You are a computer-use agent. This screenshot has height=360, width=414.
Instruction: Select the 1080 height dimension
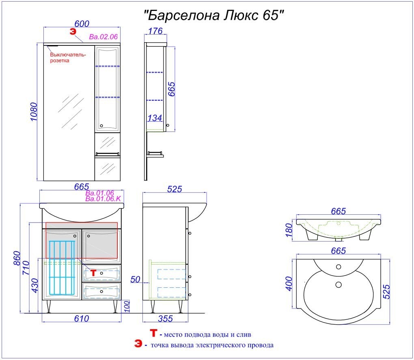click(34, 112)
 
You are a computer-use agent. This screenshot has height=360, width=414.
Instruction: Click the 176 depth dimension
click(155, 31)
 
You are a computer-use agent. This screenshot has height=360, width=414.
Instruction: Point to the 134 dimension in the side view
click(155, 118)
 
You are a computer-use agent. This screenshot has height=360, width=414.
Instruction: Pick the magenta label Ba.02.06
click(103, 37)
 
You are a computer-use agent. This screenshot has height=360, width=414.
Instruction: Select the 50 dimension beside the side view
click(136, 279)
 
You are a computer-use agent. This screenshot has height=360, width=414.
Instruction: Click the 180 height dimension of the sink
click(288, 230)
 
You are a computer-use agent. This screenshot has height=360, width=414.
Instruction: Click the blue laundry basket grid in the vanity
click(62, 267)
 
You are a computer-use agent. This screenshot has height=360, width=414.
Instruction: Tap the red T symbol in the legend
click(153, 334)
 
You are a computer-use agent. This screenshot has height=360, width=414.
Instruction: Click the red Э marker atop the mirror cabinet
click(73, 31)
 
